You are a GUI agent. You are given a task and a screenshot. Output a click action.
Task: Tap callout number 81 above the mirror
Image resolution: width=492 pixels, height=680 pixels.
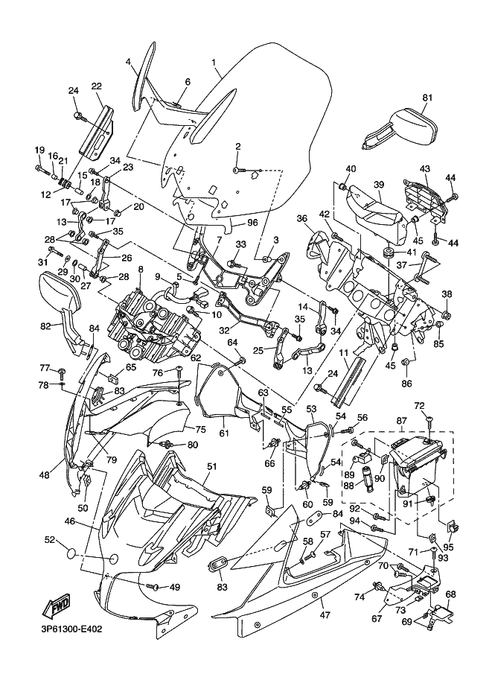[426, 98]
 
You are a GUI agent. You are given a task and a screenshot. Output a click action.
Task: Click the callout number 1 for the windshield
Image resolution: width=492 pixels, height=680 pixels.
[214, 63]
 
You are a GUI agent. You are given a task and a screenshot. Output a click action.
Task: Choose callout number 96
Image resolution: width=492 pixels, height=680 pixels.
[252, 221]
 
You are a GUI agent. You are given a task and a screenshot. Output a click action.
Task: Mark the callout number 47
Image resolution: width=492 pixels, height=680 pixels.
[324, 615]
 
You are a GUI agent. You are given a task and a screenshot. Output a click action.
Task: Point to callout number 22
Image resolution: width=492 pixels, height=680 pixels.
[97, 86]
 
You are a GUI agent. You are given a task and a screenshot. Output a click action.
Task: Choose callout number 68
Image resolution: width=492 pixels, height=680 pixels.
[450, 594]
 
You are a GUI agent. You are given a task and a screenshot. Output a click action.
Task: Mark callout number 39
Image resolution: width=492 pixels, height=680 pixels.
[378, 185]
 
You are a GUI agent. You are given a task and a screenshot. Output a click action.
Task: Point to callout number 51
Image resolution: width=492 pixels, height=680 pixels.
[211, 466]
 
